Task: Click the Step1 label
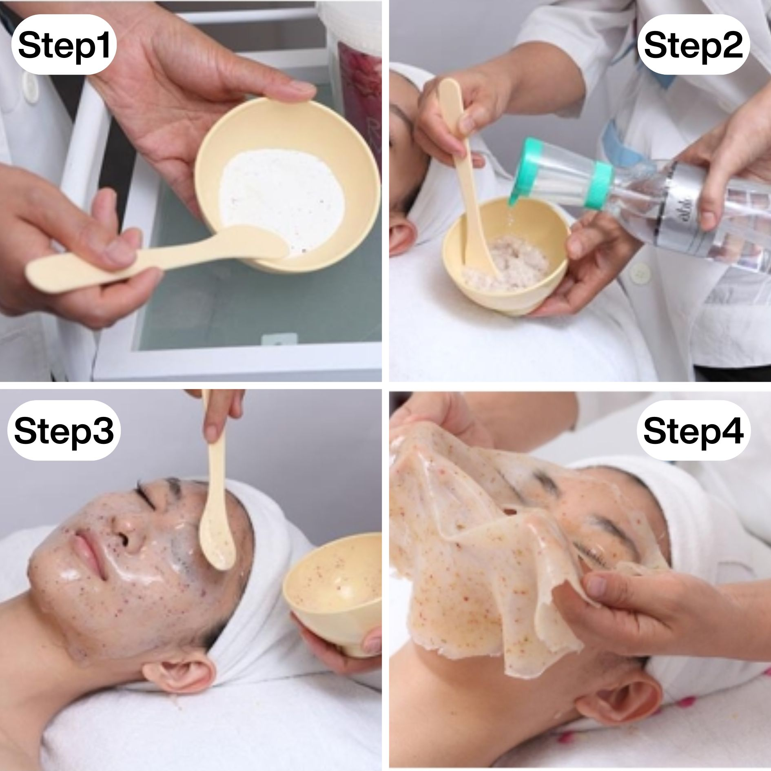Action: coord(64,44)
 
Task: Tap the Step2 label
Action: coord(693,44)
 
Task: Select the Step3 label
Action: coord(64,430)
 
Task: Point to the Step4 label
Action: coord(693,430)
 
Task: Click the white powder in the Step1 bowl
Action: coord(281,200)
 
